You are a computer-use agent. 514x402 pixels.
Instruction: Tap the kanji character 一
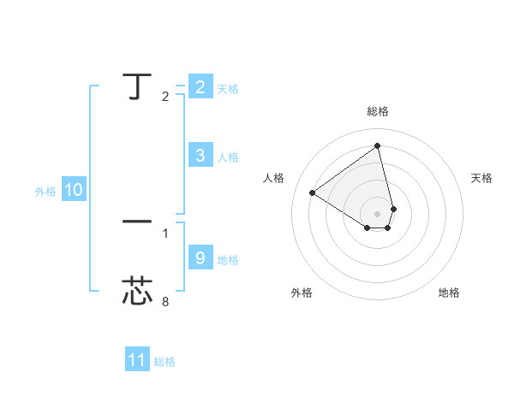[137, 222]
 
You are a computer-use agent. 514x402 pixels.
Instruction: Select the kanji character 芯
[137, 291]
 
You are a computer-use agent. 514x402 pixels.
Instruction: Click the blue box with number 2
[200, 87]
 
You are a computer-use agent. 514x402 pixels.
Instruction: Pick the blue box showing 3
[200, 156]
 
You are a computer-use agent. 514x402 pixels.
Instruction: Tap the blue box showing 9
[200, 257]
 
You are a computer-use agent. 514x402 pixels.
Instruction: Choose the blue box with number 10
[74, 191]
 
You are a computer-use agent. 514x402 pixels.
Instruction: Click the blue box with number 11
[137, 360]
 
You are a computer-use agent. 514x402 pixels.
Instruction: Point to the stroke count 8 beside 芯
[165, 302]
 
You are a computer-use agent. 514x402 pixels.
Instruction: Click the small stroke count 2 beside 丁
[165, 97]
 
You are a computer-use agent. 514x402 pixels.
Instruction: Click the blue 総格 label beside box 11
[164, 362]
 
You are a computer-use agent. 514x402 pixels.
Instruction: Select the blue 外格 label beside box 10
[45, 192]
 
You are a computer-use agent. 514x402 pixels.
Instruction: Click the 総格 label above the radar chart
[378, 112]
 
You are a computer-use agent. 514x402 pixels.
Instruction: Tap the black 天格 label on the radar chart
[482, 178]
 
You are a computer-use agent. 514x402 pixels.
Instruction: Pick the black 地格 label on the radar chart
[449, 293]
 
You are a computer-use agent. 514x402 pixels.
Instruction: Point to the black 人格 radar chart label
[274, 178]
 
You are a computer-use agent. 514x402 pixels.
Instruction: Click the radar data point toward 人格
[313, 193]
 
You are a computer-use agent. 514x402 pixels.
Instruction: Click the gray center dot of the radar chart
[378, 213]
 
